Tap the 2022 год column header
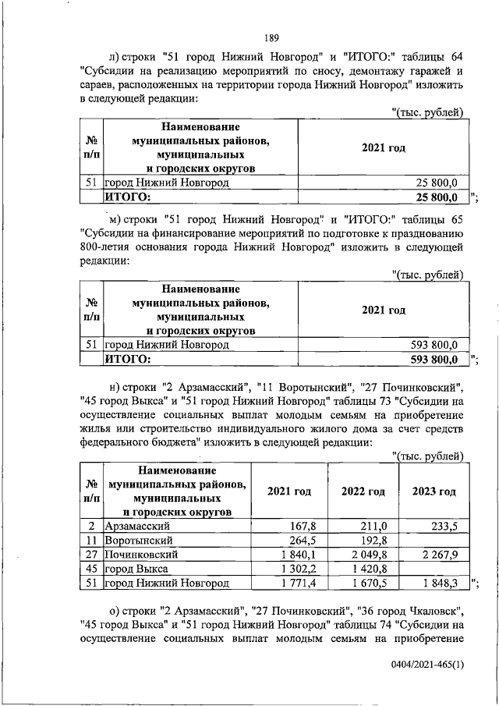coord(363,491)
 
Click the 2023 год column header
coord(434,491)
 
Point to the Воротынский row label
coord(137,541)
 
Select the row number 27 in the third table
coord(90,555)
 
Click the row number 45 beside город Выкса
coord(90,569)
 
